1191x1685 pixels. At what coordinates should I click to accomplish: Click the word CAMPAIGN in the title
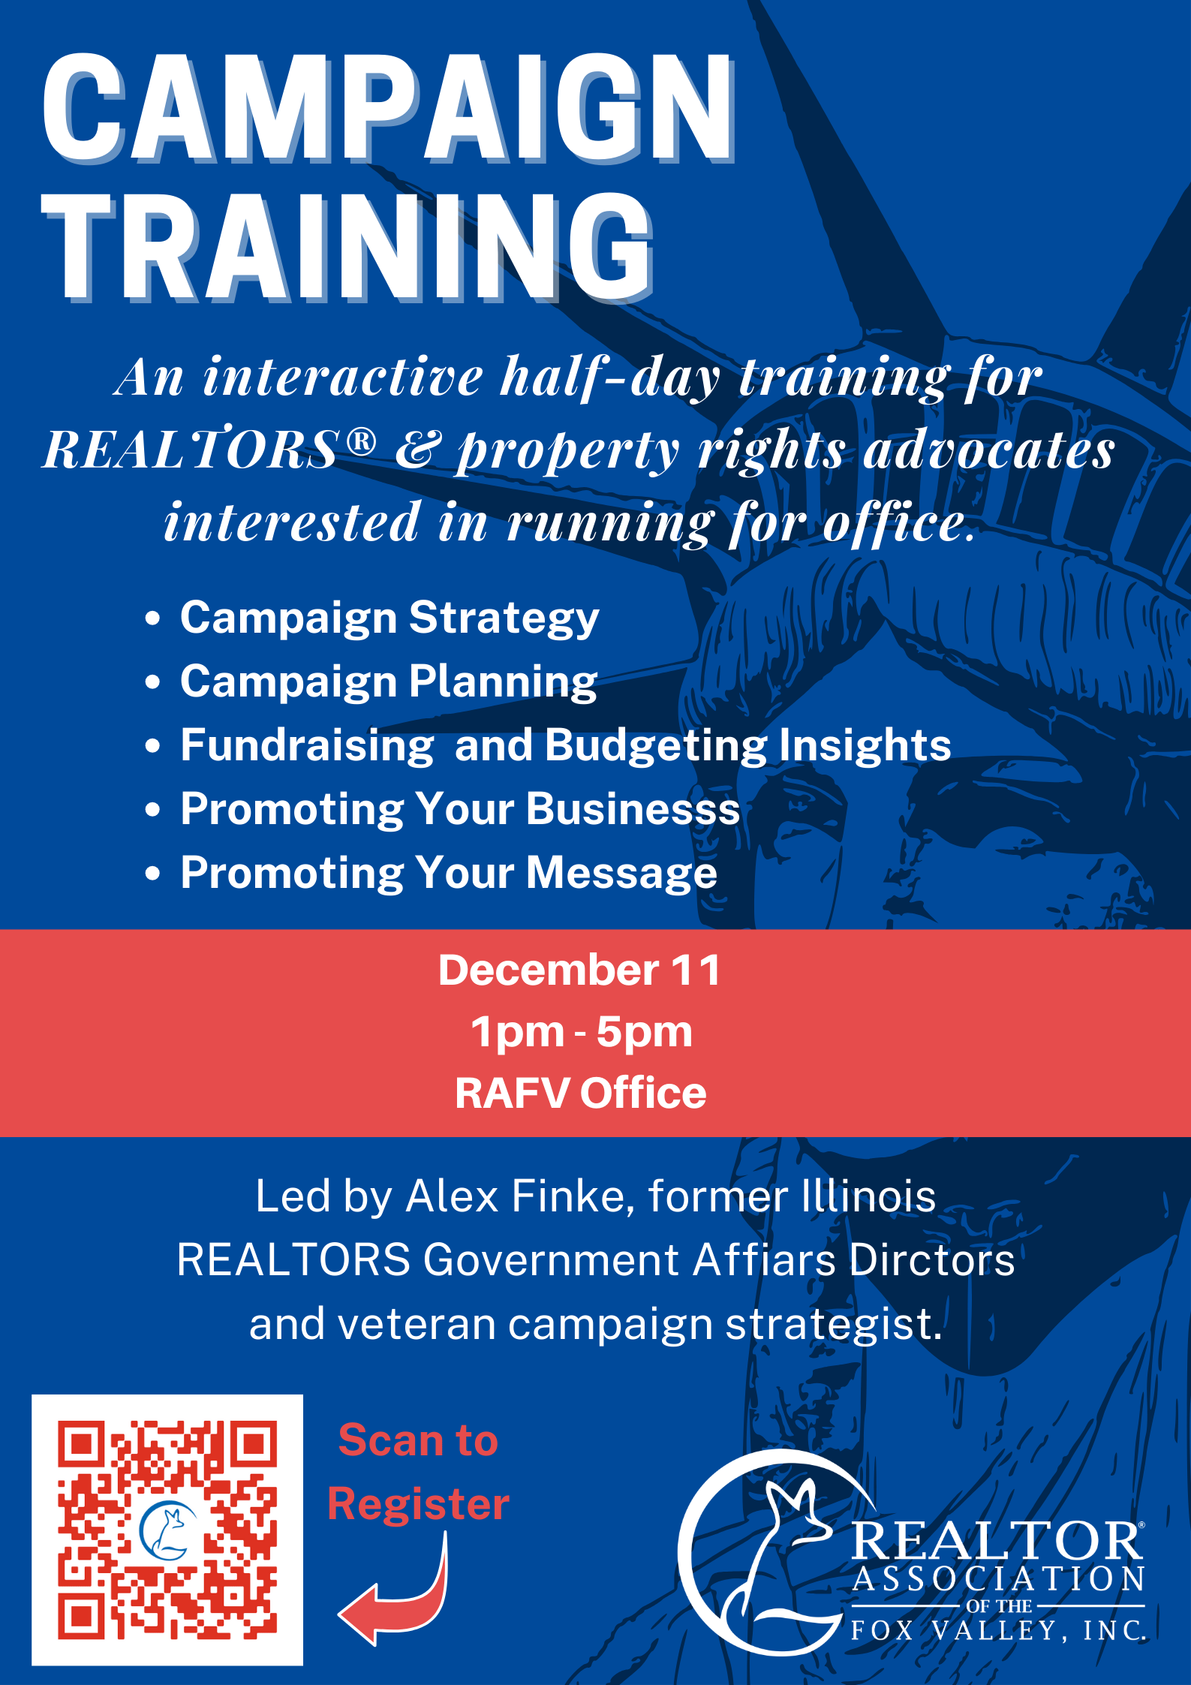(389, 108)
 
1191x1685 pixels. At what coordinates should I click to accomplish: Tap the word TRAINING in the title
(347, 247)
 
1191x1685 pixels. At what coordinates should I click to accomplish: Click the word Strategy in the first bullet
(504, 620)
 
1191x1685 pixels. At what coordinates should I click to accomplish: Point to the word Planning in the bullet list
(504, 684)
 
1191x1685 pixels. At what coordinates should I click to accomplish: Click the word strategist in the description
(834, 1325)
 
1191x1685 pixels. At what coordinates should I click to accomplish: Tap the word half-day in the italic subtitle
(611, 378)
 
